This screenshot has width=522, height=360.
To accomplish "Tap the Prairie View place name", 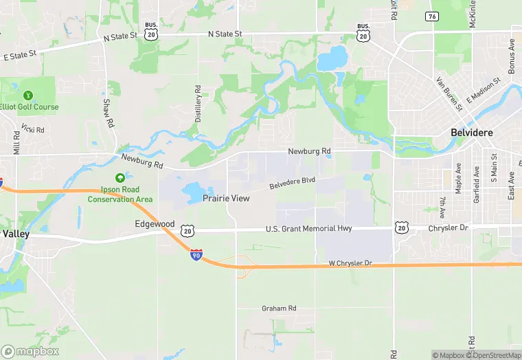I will (x=226, y=199).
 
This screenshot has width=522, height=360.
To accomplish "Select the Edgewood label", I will (x=155, y=224).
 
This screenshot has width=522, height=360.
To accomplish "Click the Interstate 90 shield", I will (x=196, y=254).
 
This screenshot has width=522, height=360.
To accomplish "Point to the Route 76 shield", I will (x=431, y=16).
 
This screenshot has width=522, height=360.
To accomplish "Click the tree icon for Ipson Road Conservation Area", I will (x=120, y=179).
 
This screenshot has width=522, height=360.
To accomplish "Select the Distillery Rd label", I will (x=198, y=104).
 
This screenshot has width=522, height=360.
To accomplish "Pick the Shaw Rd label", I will (x=107, y=113).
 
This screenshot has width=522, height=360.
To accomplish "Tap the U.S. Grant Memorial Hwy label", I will (x=309, y=229).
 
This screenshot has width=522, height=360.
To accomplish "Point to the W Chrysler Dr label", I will (x=350, y=263).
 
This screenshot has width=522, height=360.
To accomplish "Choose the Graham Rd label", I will (x=278, y=308).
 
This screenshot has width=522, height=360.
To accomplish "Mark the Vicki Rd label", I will (x=33, y=128).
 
